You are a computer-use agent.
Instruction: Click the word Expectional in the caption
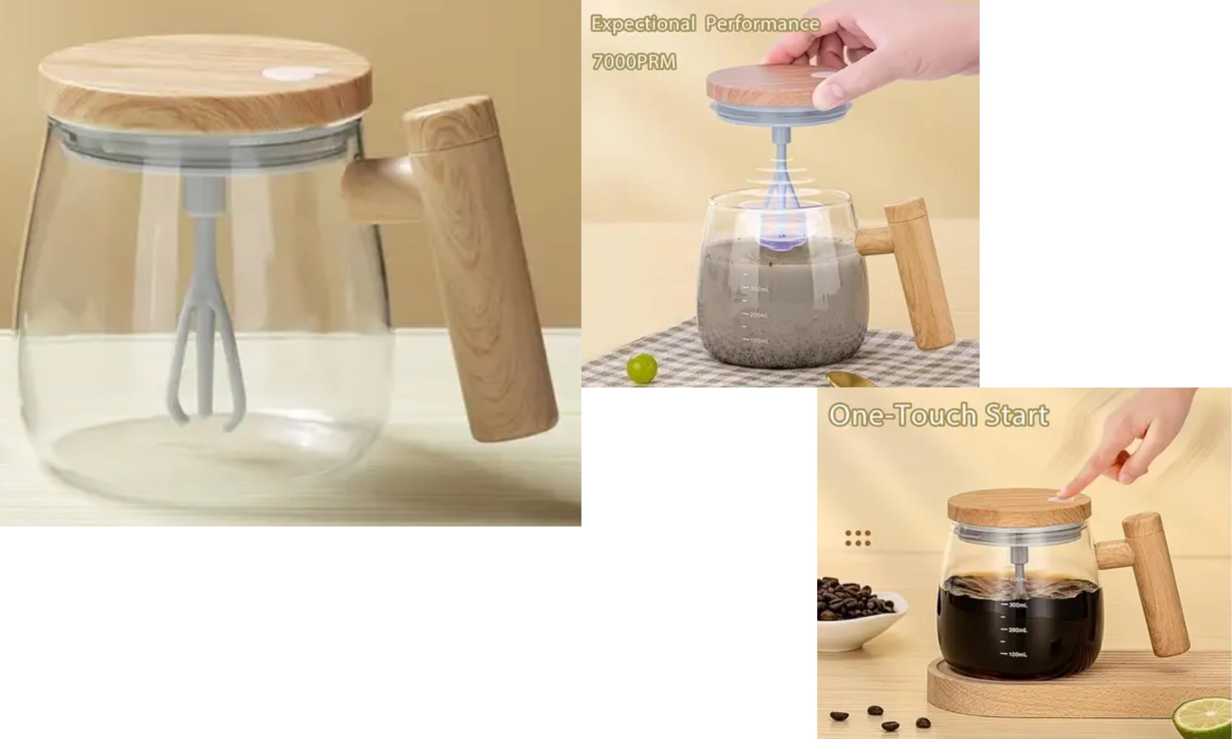[643, 24]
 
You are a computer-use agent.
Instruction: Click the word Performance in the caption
[762, 24]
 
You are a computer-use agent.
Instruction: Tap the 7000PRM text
[634, 62]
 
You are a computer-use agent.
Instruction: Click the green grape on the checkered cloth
[642, 368]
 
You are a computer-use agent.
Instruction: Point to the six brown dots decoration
[857, 538]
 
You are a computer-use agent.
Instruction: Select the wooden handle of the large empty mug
[478, 269]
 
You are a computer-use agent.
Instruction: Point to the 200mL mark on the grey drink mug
[758, 315]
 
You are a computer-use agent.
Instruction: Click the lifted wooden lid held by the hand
[762, 85]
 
